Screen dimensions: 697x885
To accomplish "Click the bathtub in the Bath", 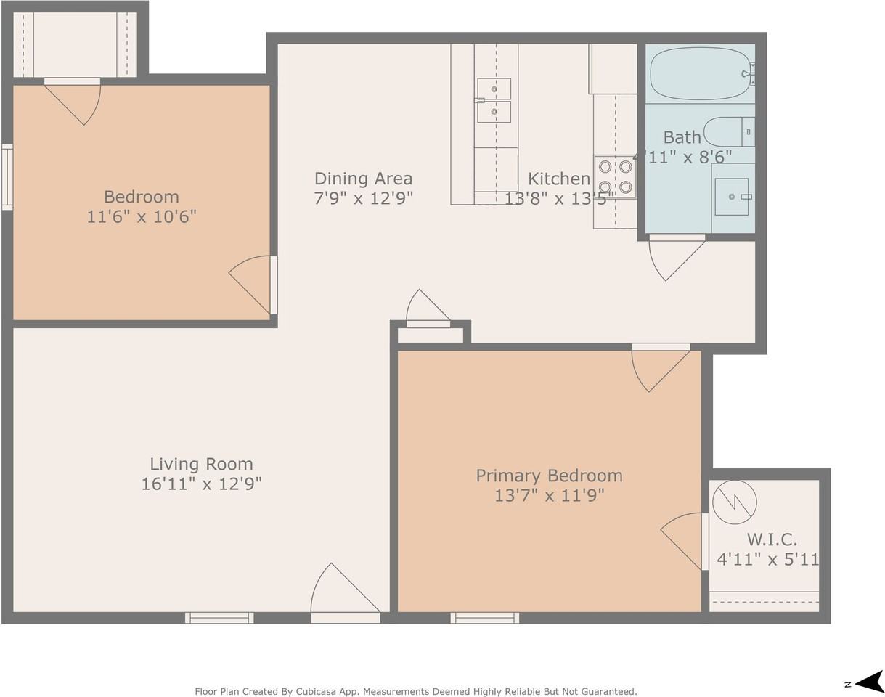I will tap(700, 73).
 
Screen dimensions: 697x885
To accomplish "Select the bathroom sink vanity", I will tap(732, 197).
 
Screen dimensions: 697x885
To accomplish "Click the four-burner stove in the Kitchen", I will tap(615, 176).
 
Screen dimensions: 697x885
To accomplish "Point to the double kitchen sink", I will tap(494, 100).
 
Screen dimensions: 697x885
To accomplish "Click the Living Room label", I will tap(201, 464).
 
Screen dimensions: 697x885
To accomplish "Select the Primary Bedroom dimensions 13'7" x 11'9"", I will tap(549, 495).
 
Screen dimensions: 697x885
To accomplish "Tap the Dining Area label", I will tap(363, 179).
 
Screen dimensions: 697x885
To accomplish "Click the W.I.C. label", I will tap(772, 539).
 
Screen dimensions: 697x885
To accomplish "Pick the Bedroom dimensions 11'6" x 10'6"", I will tap(142, 216).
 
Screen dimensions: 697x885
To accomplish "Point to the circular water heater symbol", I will tap(734, 502).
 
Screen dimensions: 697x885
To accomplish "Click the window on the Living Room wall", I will tap(219, 618).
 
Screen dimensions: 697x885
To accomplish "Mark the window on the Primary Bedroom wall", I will tap(484, 618).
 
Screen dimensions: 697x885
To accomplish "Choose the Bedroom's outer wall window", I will tap(7, 177).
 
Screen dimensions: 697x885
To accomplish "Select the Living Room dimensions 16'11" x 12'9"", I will tap(201, 484).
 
